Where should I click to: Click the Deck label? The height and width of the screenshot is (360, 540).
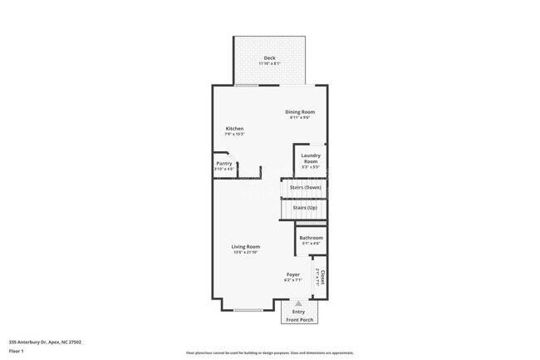269,57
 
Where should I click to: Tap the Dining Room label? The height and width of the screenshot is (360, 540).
301,111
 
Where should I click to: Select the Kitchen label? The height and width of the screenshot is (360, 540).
235,128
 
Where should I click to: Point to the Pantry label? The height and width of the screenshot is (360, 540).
224,163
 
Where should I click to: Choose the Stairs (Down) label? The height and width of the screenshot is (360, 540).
305,187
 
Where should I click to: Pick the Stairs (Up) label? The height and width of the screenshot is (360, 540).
305,207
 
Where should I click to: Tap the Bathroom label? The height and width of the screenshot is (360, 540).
311,239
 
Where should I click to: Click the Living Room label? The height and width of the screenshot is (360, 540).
246,246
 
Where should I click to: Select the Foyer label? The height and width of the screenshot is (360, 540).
293,274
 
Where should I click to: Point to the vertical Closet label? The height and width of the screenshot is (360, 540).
322,278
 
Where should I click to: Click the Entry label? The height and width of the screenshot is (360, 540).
298,312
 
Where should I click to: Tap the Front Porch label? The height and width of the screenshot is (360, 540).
298,320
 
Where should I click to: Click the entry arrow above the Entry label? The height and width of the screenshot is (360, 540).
298,304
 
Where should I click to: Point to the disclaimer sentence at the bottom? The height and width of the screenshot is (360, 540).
269,353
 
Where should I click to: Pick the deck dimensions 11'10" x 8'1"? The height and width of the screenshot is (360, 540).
269,63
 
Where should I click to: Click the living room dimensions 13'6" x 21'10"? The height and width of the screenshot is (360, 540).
246,252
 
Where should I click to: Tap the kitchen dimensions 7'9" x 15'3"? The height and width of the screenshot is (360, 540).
235,134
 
